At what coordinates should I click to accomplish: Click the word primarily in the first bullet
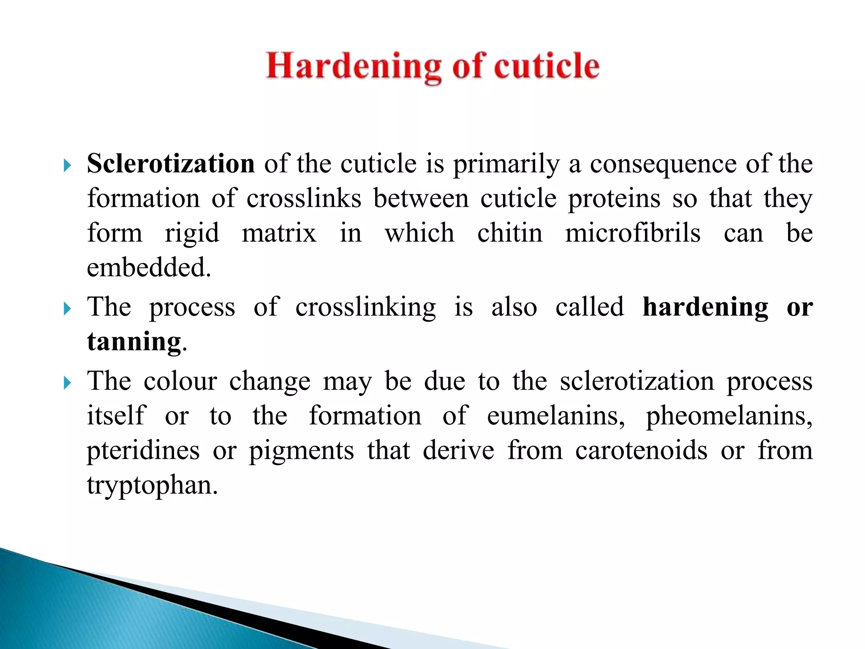506,164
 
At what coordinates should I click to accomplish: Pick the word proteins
614,199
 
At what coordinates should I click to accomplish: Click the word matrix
279,233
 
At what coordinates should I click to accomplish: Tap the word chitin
510,233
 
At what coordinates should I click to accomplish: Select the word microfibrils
633,233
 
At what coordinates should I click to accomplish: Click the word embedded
149,267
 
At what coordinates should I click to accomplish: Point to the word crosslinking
365,307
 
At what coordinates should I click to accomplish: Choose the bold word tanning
134,341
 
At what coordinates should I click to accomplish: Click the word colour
180,381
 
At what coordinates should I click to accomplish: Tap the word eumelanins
556,416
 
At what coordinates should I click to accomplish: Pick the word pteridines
143,451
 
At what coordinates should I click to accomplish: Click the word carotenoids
641,450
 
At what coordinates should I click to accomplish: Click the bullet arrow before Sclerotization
67,166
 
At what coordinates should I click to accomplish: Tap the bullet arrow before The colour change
67,383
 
